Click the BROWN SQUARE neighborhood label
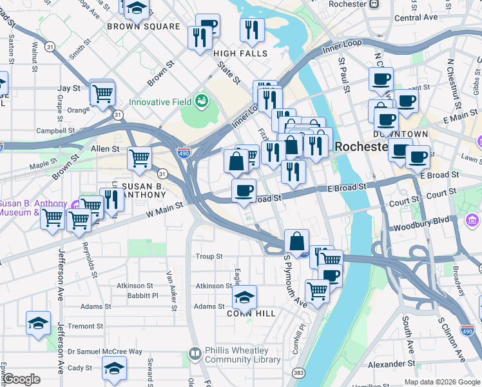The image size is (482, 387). click(143, 26)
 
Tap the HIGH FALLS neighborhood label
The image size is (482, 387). click(240, 54)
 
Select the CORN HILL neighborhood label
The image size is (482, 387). click(251, 313)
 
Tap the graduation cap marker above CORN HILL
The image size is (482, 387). click(244, 297)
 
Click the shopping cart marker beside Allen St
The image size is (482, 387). click(139, 158)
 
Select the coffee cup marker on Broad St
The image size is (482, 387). click(244, 191)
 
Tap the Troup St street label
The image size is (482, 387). click(209, 256)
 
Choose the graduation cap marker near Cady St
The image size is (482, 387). click(114, 368)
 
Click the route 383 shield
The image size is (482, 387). click(297, 373)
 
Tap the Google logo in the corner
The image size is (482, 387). click(21, 379)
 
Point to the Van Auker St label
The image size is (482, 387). click(171, 290)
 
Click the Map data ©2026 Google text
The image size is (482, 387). click(441, 382)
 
